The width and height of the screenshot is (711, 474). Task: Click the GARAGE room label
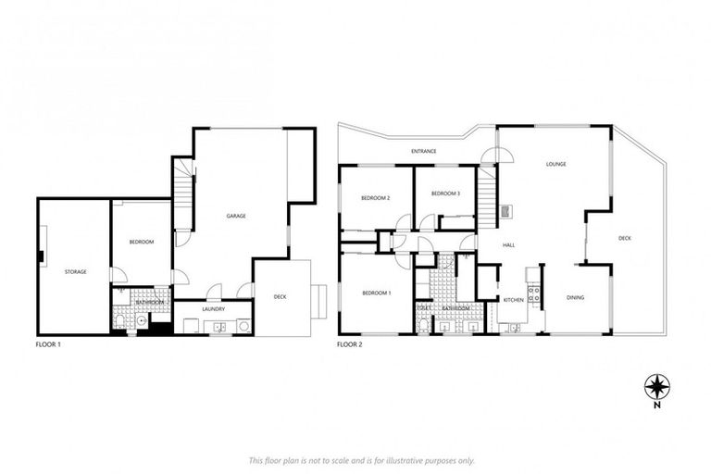coord(236,216)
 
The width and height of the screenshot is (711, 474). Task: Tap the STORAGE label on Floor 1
coord(76,271)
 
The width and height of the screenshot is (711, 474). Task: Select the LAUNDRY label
coord(214,309)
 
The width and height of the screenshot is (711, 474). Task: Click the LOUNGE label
coord(555,164)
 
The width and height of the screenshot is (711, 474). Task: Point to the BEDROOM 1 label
coord(376,293)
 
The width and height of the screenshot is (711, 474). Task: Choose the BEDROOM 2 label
coord(375,198)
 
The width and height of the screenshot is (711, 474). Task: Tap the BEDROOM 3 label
coord(446,193)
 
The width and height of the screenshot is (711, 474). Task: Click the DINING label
coord(575,297)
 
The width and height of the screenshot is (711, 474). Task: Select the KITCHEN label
coord(514,300)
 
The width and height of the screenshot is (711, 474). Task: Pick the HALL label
coord(508,245)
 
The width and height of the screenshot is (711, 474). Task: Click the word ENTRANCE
coord(424,151)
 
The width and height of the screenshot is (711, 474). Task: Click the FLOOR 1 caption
coord(48,343)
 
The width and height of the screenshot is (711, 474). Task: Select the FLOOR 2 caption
coord(349,343)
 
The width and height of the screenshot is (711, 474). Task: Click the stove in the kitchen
coord(533,295)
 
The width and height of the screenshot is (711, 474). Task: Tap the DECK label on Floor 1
coord(280,297)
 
